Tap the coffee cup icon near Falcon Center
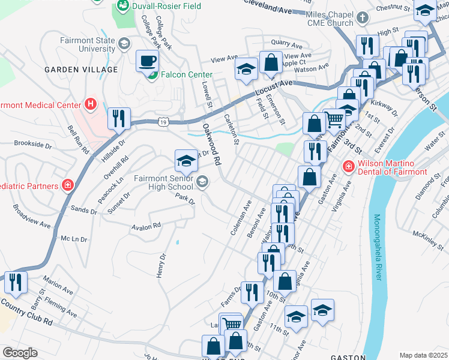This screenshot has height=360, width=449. (x=147, y=61)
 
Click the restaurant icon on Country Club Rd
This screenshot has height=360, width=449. (x=15, y=281)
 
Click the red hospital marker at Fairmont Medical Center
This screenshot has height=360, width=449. (x=91, y=104)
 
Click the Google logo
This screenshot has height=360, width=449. (x=19, y=353)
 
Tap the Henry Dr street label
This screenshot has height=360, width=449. (x=161, y=265)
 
